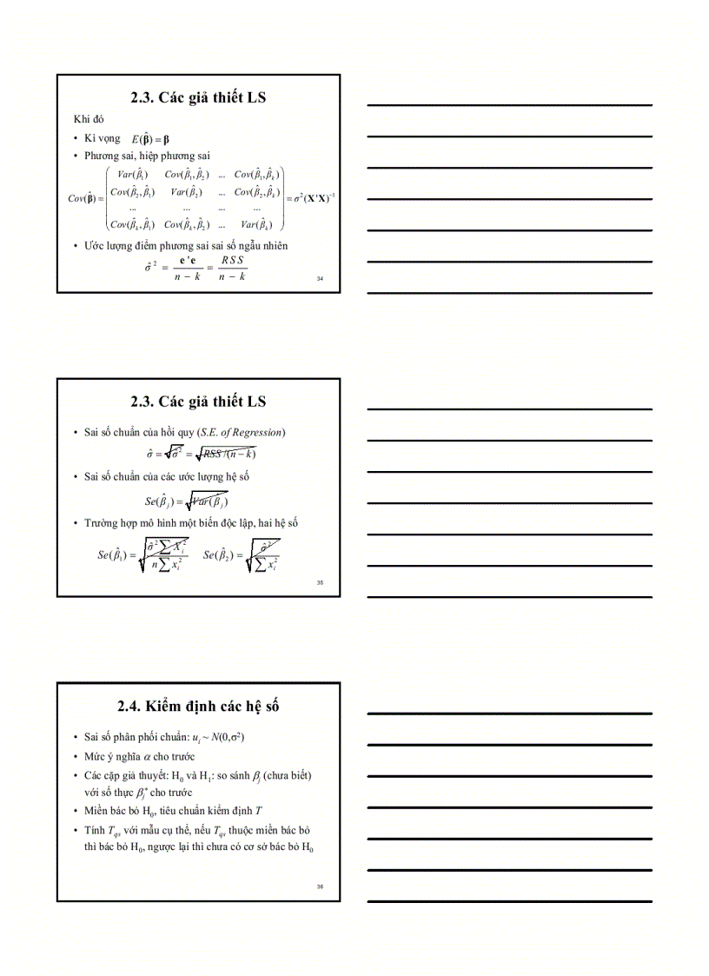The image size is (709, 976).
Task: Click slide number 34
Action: pyautogui.click(x=320, y=279)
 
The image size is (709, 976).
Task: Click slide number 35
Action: pyautogui.click(x=320, y=582)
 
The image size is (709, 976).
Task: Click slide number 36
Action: pyautogui.click(x=320, y=886)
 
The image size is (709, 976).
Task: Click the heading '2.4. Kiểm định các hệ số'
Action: pyautogui.click(x=198, y=706)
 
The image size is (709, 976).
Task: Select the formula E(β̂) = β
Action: pyautogui.click(x=150, y=139)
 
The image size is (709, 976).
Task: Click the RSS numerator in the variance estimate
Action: pyautogui.click(x=232, y=260)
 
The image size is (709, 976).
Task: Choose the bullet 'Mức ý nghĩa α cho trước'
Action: pyautogui.click(x=140, y=756)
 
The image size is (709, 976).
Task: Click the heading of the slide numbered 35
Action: pyautogui.click(x=198, y=402)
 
